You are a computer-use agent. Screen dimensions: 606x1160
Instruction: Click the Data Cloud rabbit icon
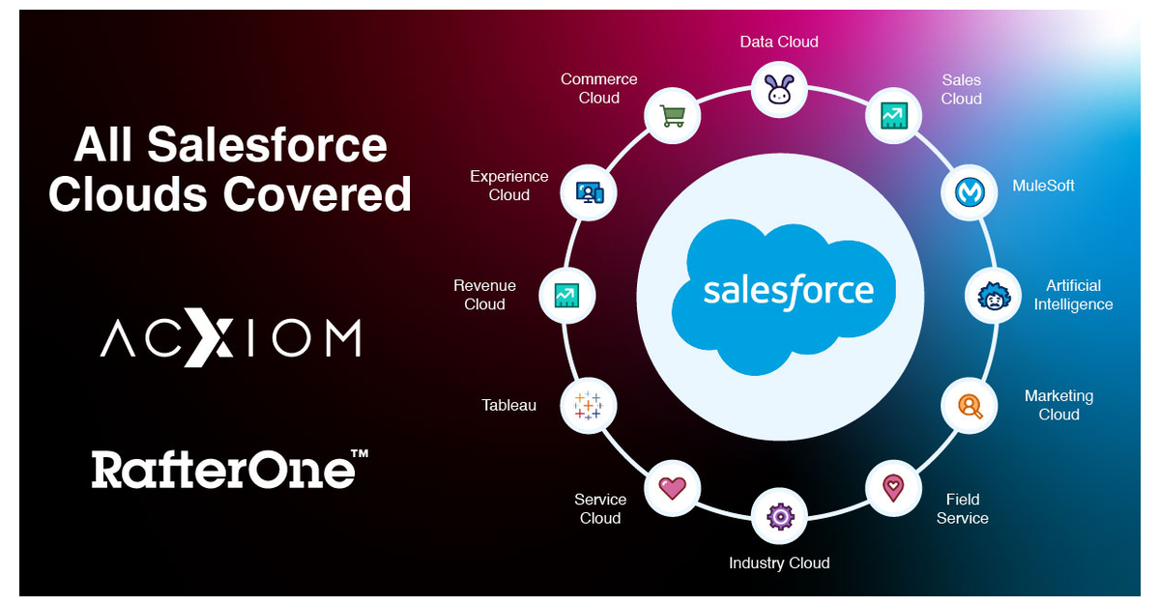(779, 90)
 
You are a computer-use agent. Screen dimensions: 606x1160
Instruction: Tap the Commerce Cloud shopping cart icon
(672, 116)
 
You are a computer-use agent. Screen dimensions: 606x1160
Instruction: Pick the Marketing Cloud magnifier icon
(969, 405)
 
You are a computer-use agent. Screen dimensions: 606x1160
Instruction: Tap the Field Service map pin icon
(892, 488)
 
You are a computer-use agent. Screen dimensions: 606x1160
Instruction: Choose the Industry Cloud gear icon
(779, 516)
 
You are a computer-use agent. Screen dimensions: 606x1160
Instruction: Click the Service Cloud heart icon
(672, 488)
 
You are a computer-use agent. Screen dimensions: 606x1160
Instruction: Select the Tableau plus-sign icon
(588, 405)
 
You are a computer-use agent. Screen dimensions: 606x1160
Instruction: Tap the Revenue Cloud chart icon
(565, 295)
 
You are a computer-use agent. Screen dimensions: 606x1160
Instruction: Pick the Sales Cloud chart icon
(892, 116)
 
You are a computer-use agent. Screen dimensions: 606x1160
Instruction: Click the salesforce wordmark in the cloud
(788, 290)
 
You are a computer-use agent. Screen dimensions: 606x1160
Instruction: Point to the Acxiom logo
(230, 339)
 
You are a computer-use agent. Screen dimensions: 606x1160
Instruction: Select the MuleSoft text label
(1043, 186)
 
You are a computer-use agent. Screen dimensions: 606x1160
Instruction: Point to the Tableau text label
(509, 405)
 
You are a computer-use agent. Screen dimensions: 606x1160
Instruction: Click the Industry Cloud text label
(779, 563)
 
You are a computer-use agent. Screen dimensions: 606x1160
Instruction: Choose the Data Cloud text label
(779, 42)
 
